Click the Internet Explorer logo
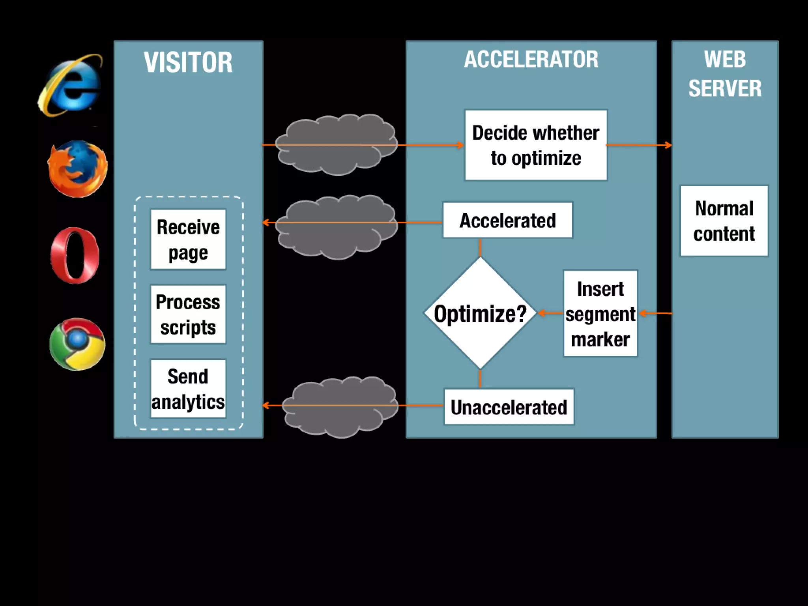[71, 85]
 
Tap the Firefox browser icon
[77, 169]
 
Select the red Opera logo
[75, 255]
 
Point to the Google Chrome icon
[77, 344]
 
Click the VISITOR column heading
[188, 62]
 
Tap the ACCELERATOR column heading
[531, 60]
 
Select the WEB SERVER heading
[725, 74]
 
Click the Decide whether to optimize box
[536, 145]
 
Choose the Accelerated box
[507, 220]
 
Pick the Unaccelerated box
[509, 407]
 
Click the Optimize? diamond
[480, 314]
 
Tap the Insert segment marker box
[600, 314]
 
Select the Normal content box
[724, 221]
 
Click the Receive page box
[188, 239]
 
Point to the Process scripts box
[188, 314]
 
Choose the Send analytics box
[188, 389]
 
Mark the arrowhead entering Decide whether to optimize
[460, 145]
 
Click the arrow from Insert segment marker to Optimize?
[550, 313]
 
